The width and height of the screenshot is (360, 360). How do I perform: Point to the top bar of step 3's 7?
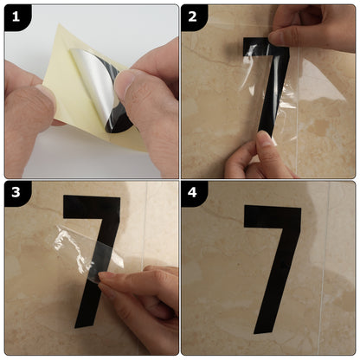(91, 208)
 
